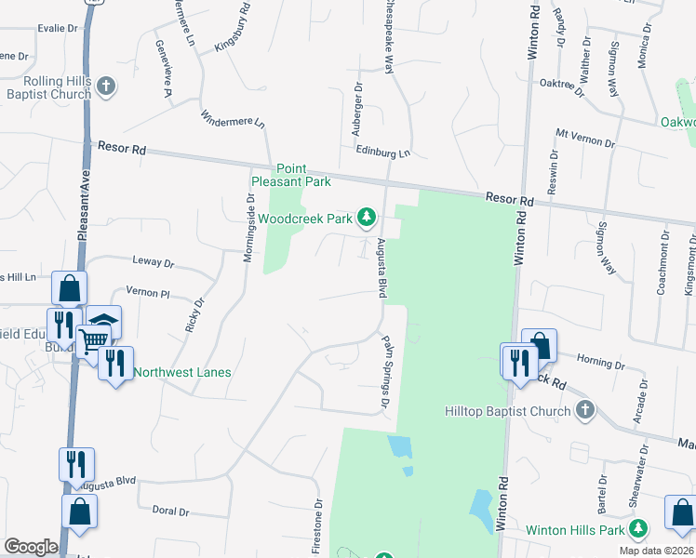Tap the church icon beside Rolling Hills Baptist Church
point(106,87)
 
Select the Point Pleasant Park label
point(291,175)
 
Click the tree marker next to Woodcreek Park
point(368,219)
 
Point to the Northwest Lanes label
point(182,373)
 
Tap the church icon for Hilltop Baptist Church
point(584,410)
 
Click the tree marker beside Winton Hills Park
point(638,530)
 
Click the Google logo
point(31,547)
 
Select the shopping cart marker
point(92,341)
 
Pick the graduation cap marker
point(104,323)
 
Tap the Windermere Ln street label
point(233,119)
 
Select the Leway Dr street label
point(154,263)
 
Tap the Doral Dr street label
point(170,511)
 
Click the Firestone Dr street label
point(318,525)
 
